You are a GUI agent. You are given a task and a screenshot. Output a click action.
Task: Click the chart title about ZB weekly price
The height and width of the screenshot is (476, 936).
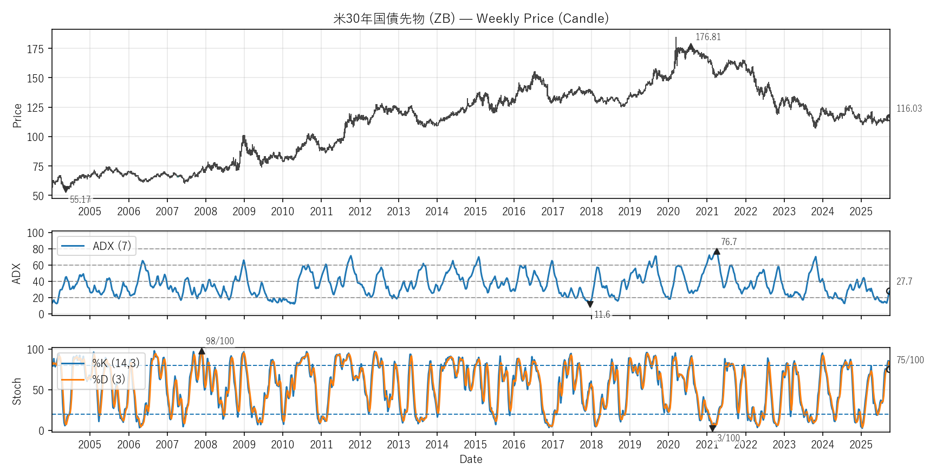coord(471,18)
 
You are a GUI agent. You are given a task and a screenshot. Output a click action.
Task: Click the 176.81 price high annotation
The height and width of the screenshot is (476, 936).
coord(708,37)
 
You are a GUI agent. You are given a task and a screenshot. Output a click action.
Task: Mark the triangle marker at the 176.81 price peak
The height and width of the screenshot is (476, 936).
coord(691,47)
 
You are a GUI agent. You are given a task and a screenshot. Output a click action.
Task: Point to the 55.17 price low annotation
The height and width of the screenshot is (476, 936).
coord(80,200)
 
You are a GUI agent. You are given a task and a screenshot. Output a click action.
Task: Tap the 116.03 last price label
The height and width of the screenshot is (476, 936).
coord(909,108)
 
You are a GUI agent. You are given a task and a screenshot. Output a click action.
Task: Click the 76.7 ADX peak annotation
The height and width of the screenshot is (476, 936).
coord(729,242)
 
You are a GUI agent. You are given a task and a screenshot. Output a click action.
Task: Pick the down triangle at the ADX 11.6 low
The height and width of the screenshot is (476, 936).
coord(590,305)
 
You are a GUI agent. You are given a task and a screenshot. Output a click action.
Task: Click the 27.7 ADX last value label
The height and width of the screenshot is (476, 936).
coord(904,281)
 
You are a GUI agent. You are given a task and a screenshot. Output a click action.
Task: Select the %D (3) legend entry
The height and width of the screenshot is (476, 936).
coord(108,379)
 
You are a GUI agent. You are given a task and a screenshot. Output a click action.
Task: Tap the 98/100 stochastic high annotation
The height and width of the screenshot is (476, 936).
coord(220,341)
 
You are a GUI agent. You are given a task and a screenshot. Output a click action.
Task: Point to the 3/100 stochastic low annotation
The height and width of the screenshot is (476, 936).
coord(729,438)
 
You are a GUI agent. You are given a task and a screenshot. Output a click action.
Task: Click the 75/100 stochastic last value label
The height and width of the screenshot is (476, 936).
coord(910,360)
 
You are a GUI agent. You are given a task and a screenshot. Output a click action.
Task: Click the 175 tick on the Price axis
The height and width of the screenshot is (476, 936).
coord(35,49)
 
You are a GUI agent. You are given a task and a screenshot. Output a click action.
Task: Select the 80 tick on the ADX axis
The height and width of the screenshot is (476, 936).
coord(38,249)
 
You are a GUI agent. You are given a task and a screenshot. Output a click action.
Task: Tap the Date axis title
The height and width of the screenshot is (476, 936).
coord(471,459)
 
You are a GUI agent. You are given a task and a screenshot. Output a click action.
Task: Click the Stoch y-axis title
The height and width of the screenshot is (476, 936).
coord(17,391)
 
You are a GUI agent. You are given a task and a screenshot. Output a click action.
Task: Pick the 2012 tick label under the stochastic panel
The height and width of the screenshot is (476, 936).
coord(360,445)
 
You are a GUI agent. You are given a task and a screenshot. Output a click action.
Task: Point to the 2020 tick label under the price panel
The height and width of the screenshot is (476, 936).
coord(668,211)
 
